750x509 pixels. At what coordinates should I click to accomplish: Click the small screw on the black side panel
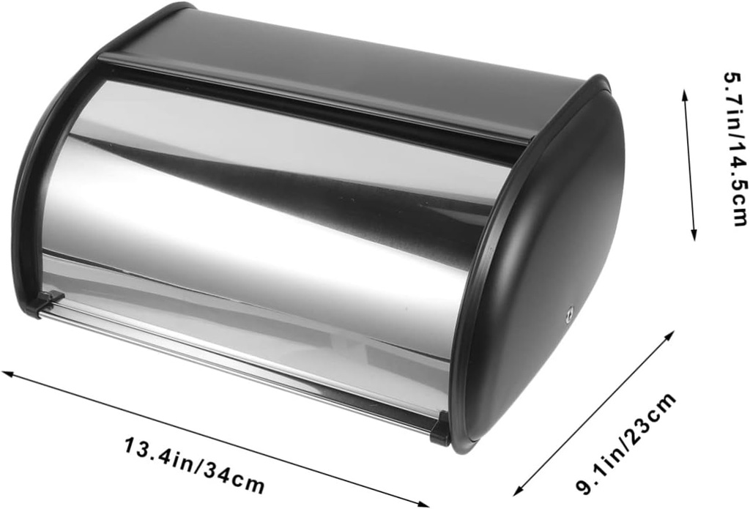(568, 316)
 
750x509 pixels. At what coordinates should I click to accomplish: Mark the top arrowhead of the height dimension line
(686, 94)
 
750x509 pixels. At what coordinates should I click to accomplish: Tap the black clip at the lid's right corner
(441, 428)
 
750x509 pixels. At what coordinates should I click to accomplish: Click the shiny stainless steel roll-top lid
(256, 220)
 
